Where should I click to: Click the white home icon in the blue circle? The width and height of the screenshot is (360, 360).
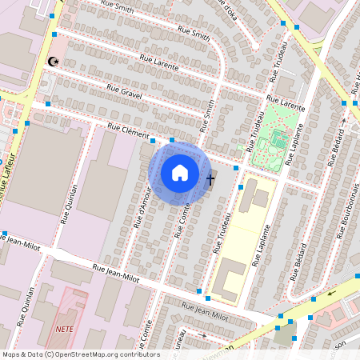coord(180,173)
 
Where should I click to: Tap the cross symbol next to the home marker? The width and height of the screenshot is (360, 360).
coord(211,179)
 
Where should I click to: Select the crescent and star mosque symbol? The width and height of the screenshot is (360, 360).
coord(54,62)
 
